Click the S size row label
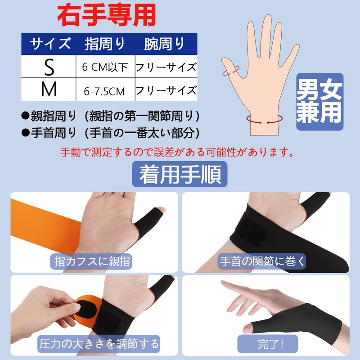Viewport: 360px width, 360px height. click(49, 67)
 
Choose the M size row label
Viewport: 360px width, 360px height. click(49, 90)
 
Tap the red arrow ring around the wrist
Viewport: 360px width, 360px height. click(265, 120)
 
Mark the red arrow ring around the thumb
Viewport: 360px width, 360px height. click(231, 70)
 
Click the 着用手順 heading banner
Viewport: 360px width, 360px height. click(180, 174)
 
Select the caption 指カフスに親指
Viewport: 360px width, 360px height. click(92, 261)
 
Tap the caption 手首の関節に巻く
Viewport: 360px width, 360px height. click(263, 261)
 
